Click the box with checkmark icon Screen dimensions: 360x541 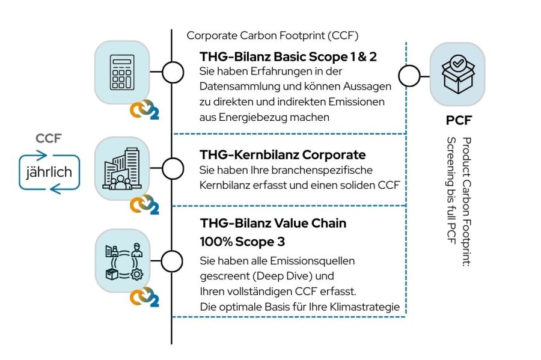click(x=457, y=74)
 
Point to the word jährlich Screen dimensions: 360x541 click(x=49, y=172)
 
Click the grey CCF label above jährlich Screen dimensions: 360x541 click(x=49, y=139)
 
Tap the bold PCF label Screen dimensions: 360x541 click(x=458, y=121)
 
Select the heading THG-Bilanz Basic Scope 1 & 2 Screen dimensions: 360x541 click(x=289, y=56)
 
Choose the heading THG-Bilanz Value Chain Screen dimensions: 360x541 click(x=273, y=224)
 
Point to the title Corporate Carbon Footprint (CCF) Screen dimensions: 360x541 click(x=272, y=35)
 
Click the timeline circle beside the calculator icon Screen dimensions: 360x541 click(x=173, y=73)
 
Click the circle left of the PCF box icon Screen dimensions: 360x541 click(x=409, y=76)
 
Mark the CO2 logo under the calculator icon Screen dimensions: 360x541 click(x=145, y=111)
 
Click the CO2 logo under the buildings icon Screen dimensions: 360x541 click(x=145, y=206)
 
